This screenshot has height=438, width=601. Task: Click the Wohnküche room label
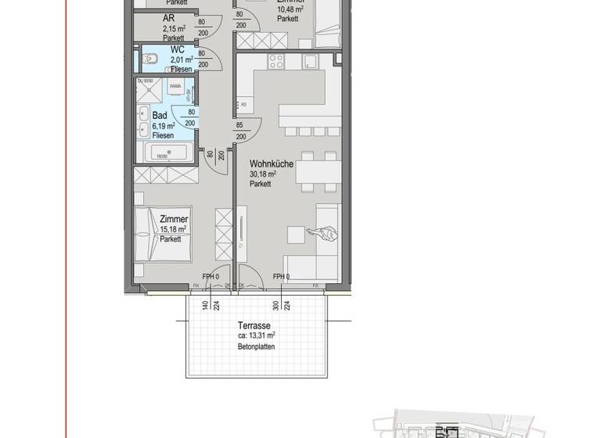(x=271, y=164)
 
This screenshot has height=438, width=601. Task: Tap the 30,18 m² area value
(x=264, y=174)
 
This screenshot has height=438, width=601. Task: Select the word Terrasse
(x=254, y=325)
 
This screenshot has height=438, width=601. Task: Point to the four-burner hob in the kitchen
(x=276, y=61)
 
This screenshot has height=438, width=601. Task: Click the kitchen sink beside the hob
(x=310, y=61)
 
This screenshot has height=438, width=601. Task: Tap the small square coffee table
(x=295, y=235)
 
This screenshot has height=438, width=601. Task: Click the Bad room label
(x=160, y=115)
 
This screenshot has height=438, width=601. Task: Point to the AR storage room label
(x=168, y=17)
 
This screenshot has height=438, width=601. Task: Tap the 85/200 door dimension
(x=240, y=131)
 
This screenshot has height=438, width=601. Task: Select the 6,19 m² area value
(x=163, y=125)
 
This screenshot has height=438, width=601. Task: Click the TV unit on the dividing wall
(x=243, y=232)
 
